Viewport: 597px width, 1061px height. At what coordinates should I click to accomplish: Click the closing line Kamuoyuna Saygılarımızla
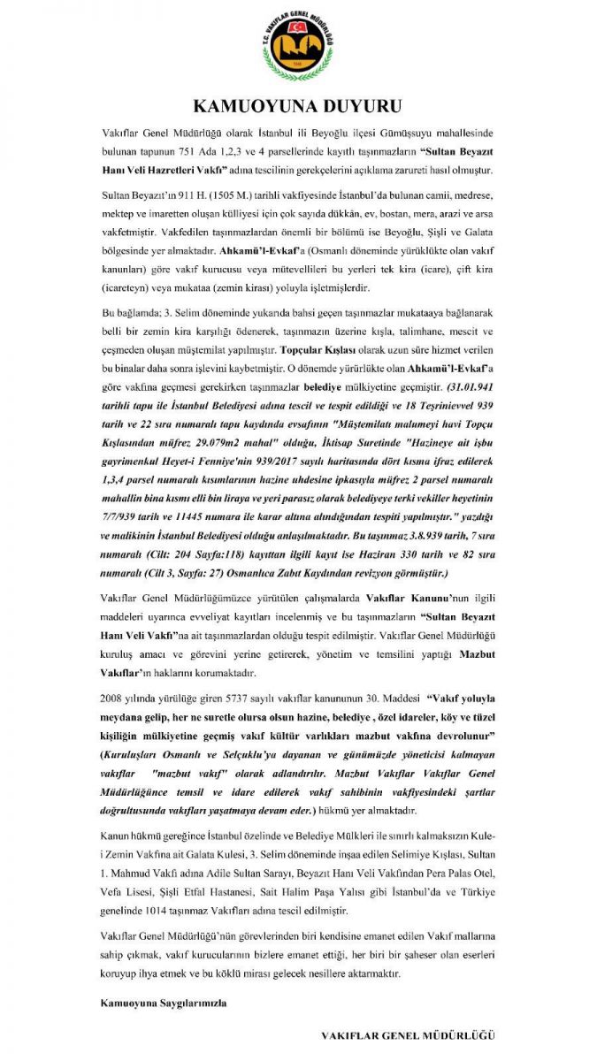pos(163,1004)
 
